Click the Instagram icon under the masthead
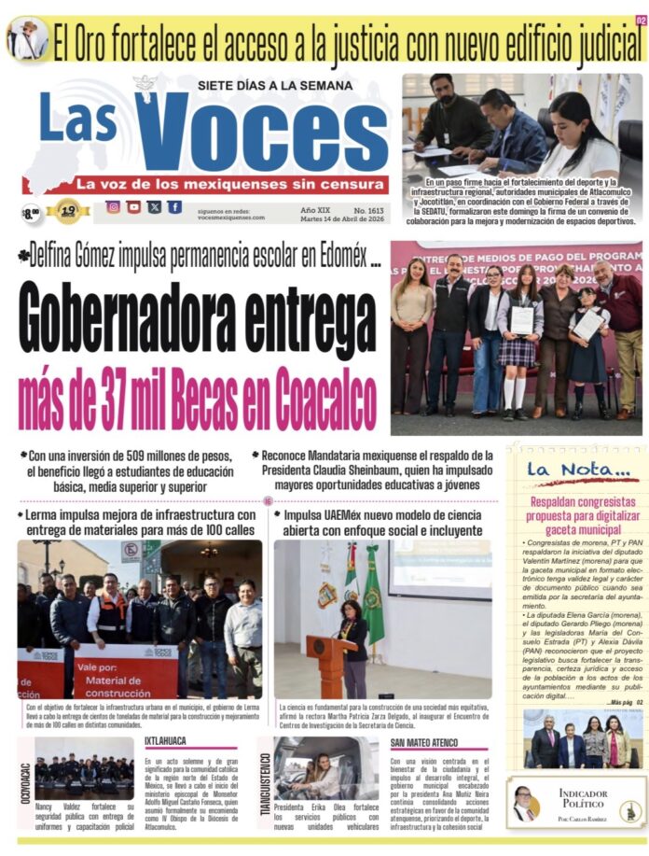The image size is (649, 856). point(113,207)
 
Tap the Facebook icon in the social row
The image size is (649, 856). point(174,207)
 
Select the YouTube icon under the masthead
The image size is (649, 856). point(133,207)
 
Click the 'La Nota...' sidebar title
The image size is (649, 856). point(563,469)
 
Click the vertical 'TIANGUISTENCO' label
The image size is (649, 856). point(265,784)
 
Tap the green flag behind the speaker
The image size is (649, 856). point(373,597)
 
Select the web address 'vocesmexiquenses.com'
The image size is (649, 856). point(231,218)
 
